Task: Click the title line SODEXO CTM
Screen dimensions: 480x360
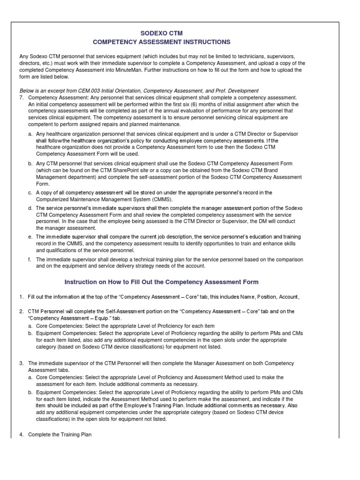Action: [180, 33]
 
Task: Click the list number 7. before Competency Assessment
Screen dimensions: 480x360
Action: [21, 97]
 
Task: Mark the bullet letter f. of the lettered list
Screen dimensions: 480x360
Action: [30, 259]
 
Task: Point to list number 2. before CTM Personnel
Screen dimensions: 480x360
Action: [21, 311]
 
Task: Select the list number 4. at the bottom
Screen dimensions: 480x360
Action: [21, 435]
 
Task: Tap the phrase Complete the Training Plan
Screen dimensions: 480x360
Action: [60, 435]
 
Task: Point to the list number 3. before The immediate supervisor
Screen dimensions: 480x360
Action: [21, 363]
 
